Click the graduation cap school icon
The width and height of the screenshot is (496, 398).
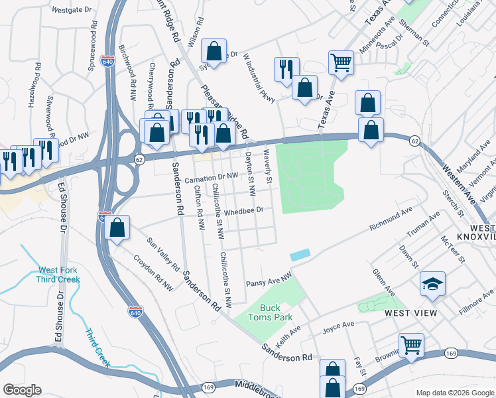(x=432, y=285)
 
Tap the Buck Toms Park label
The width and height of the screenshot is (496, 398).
(x=270, y=312)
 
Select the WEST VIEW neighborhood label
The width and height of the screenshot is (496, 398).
(x=410, y=313)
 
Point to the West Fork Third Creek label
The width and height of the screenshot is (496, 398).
(x=59, y=275)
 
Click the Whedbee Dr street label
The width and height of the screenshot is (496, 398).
(x=244, y=210)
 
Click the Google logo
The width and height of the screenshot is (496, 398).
(x=22, y=390)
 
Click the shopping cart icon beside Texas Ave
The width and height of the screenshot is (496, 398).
(x=341, y=63)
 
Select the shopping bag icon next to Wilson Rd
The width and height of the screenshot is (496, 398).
(x=214, y=50)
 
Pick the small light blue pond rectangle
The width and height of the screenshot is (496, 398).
(x=300, y=255)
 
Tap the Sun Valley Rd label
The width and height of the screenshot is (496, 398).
(x=164, y=253)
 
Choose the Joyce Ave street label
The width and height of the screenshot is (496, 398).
(x=338, y=326)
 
